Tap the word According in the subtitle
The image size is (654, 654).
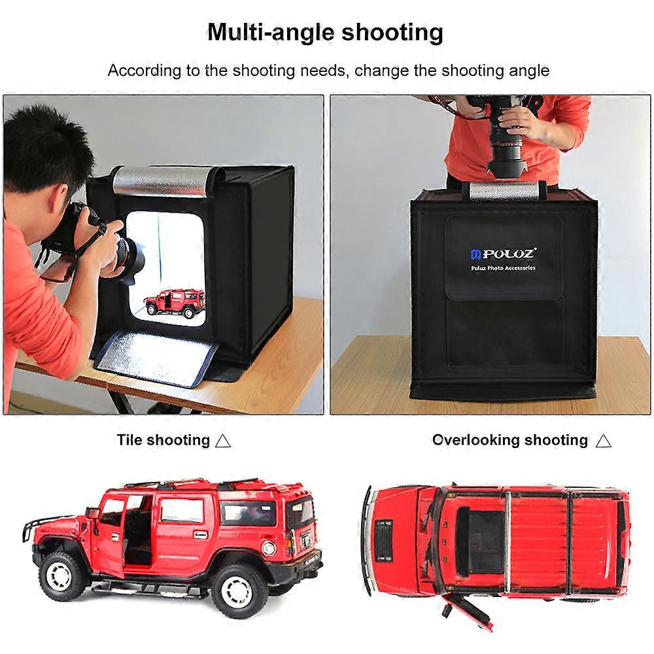point(145,71)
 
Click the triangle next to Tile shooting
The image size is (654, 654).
point(223,441)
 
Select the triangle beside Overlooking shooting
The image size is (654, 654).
point(604,441)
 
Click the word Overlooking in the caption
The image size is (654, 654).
point(475,440)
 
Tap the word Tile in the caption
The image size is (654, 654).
point(129,439)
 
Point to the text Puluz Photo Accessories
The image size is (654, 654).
point(503,267)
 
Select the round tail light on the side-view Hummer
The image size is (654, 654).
point(268,547)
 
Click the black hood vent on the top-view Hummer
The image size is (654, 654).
point(384,541)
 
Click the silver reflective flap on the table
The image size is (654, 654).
point(156,356)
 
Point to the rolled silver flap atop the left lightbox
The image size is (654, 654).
point(163,181)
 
